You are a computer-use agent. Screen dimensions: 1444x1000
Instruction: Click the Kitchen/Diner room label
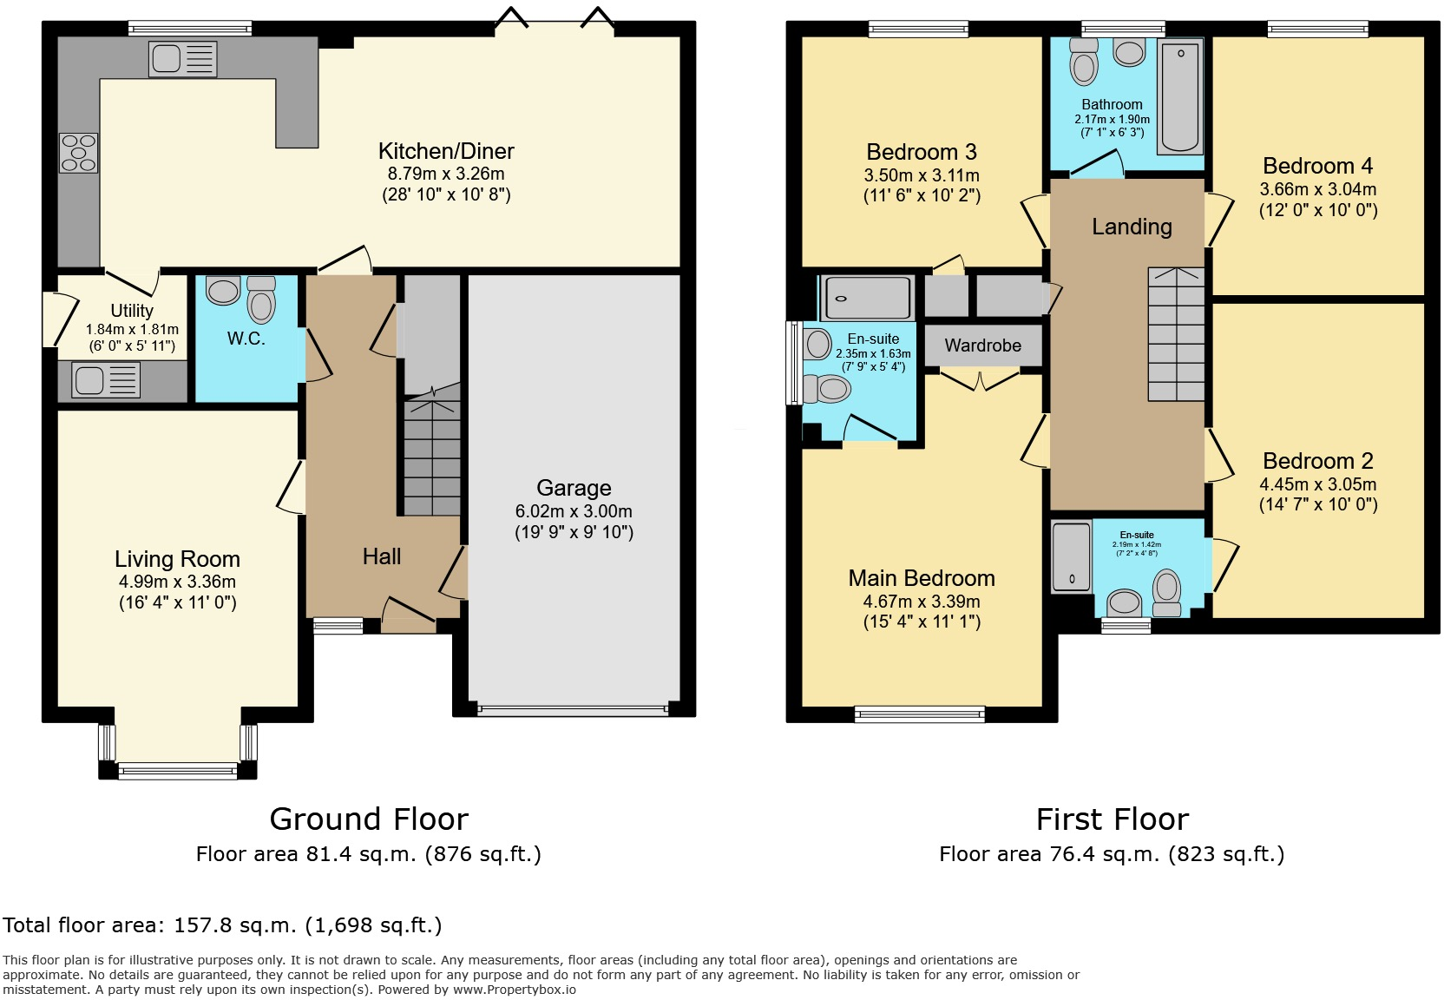coord(446,151)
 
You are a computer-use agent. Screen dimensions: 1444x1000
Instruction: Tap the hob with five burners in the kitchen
coord(79,153)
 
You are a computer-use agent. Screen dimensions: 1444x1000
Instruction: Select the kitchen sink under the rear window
coord(182,59)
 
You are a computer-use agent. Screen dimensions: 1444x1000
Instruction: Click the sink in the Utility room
coord(106,379)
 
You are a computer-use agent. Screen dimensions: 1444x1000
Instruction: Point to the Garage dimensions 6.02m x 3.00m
coord(574,511)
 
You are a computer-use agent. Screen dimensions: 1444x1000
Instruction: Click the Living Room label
coord(177,558)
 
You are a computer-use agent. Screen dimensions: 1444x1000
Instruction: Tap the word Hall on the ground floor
coord(382,556)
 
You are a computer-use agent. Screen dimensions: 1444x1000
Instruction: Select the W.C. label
coord(246,338)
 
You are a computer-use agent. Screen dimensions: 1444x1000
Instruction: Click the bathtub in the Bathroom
coord(1179,97)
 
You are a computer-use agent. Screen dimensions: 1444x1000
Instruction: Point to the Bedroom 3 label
coord(922,152)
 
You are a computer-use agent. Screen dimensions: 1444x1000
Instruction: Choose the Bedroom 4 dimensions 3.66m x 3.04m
coord(1318,189)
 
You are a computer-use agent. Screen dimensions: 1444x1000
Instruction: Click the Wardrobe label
coord(983,345)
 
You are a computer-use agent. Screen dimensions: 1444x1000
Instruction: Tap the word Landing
coord(1132,227)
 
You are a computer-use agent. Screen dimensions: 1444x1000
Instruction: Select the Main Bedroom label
coord(922,578)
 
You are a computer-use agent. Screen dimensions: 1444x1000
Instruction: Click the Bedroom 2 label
coord(1318,461)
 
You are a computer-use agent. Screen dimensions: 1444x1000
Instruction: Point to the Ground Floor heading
coord(369,819)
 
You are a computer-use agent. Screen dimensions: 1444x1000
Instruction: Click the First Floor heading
coord(1113,819)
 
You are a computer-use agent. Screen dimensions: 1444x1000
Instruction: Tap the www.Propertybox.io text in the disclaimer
coord(515,990)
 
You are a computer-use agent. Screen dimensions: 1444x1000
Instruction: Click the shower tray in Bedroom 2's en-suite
coord(1072,557)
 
